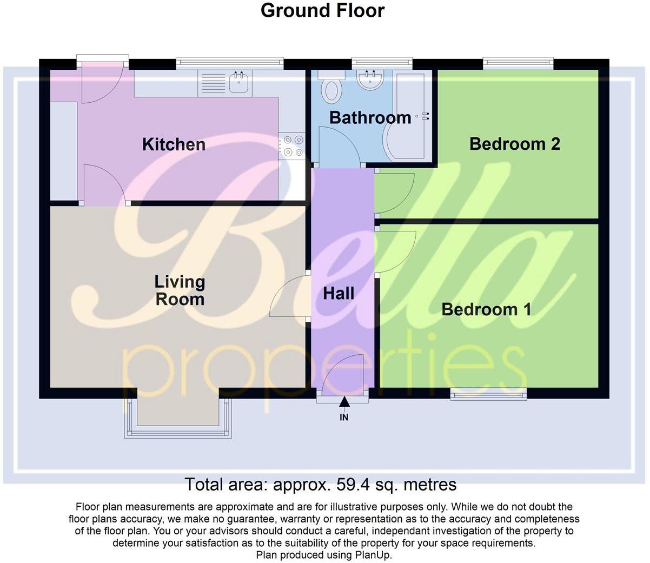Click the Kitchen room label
pos(174,144)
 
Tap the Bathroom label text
pos(370,117)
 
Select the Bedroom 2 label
pos(514,144)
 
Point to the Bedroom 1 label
pos(486,309)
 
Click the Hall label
pos(339,294)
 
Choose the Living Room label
pos(180,290)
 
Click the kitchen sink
pos(238,83)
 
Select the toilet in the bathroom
pos(331,88)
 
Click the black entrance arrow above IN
pos(344,402)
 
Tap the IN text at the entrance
pos(344,418)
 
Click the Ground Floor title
pos(322,10)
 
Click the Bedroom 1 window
pos(488,395)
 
